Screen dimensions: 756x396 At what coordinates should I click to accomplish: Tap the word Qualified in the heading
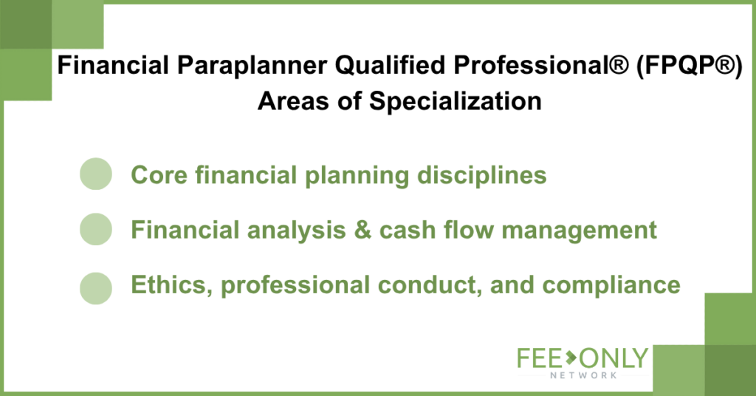[x=390, y=66]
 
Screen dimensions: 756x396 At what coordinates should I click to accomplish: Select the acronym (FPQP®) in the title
[x=690, y=66]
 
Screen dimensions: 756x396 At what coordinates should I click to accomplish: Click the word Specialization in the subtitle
[x=455, y=102]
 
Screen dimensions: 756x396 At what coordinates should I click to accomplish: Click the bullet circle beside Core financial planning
[x=96, y=174]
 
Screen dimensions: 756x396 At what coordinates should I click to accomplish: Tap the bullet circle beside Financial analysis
[x=96, y=229]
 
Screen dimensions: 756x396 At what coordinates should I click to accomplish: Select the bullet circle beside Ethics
[x=96, y=288]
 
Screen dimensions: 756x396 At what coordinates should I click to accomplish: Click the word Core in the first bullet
[x=159, y=175]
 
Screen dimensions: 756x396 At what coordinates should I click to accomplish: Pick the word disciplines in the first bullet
[x=481, y=175]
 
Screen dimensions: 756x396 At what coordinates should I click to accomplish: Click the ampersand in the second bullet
[x=362, y=230]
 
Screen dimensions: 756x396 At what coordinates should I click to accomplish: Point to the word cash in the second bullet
[x=408, y=230]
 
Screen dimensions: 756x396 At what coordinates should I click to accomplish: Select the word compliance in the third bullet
[x=611, y=285]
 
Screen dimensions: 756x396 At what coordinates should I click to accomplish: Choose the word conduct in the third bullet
[x=430, y=285]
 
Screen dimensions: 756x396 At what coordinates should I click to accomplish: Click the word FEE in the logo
[x=540, y=358]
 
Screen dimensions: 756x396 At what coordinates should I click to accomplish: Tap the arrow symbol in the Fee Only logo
[x=571, y=358]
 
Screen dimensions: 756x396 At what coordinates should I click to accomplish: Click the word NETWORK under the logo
[x=583, y=375]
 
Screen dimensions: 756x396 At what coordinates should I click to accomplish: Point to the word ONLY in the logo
[x=614, y=358]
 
